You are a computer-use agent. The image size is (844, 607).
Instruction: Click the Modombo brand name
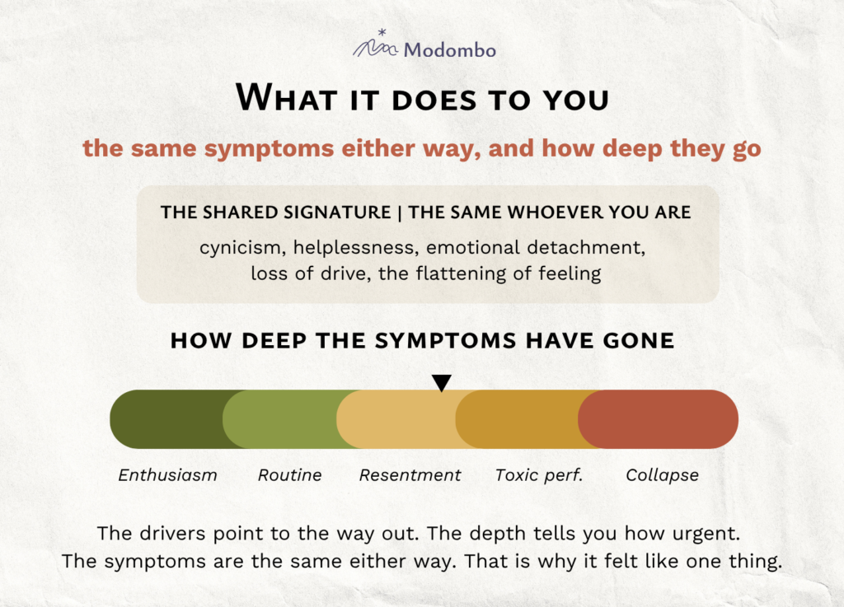coord(449,50)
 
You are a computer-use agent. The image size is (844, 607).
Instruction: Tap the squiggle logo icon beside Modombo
coord(376,44)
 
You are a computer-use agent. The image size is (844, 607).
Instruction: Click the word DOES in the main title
coord(434,100)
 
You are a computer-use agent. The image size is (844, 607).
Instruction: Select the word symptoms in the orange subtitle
coord(270,149)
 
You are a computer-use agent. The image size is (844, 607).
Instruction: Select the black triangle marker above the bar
coord(442,383)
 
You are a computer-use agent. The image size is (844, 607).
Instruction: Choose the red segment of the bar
coord(658,419)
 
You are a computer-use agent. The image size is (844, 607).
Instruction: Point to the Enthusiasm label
coord(167,475)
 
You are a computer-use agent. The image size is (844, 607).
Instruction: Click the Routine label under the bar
coord(289,475)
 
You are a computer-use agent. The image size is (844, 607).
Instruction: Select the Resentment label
coord(410,475)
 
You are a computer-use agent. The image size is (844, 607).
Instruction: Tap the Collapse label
coord(662,475)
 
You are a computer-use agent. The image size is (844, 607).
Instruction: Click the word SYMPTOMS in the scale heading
coord(443,341)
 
